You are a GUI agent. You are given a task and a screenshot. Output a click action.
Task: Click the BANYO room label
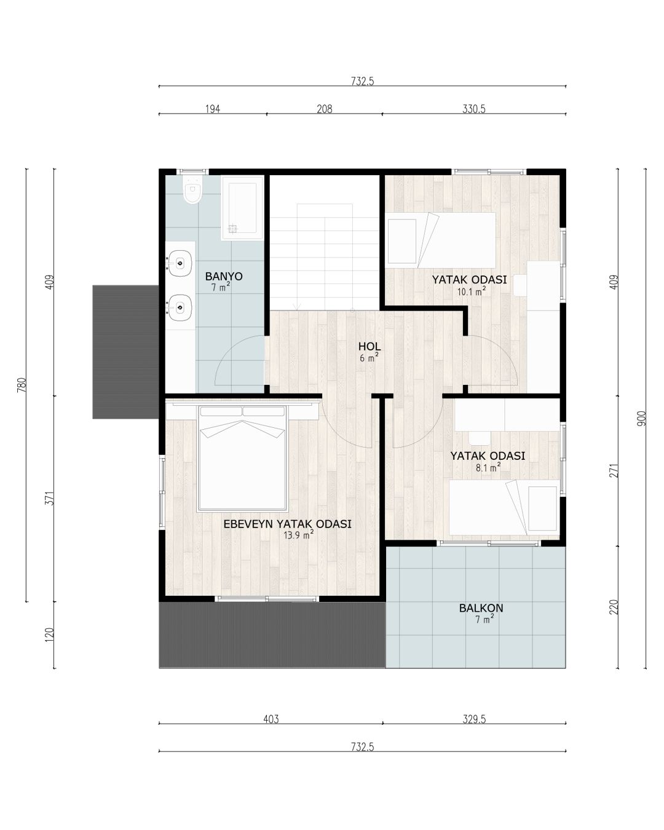[223, 276]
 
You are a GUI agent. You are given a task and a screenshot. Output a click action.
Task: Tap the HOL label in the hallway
[370, 346]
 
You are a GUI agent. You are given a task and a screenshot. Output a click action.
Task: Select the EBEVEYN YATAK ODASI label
[288, 524]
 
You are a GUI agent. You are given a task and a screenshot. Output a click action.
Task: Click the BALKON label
[481, 608]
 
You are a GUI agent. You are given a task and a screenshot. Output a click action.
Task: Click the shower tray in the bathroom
[242, 208]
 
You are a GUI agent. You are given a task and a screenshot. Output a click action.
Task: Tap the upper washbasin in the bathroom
[180, 263]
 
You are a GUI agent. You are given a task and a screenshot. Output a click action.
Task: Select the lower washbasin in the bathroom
[180, 307]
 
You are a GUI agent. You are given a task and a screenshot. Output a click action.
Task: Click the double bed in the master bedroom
[242, 458]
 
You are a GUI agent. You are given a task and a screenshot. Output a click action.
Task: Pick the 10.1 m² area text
[471, 291]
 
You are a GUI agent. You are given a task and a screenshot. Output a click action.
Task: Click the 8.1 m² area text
[488, 468]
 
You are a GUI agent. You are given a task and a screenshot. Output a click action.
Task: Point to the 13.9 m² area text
[298, 535]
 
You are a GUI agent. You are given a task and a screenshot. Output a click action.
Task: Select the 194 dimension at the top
[213, 109]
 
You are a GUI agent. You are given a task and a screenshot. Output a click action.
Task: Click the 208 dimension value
[325, 109]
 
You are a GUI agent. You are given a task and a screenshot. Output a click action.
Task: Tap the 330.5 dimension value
[474, 109]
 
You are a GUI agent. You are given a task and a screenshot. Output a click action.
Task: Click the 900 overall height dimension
[641, 419]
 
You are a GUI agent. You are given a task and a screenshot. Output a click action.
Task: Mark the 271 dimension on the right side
[614, 470]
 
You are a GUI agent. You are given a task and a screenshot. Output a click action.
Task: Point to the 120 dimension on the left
[50, 635]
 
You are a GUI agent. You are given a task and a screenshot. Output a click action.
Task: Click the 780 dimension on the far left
[22, 385]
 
